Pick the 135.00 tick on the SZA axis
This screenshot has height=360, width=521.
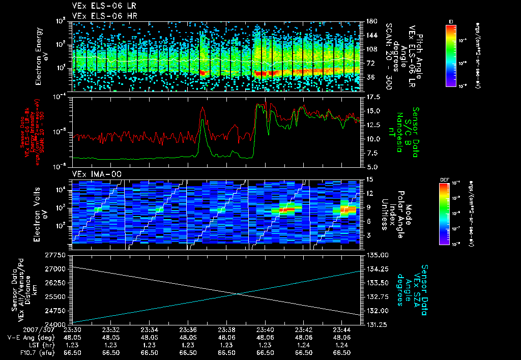pos(377,254)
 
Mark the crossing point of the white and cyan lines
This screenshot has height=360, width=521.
pos(238,293)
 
